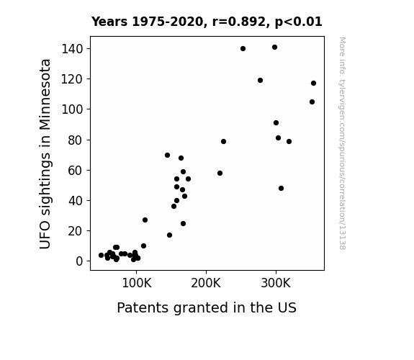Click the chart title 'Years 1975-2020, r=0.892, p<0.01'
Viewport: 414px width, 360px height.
[x=207, y=22]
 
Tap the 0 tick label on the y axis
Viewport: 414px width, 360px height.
[x=79, y=261]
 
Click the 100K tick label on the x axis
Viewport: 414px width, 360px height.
[x=137, y=283]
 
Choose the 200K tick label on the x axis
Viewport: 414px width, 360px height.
[x=206, y=283]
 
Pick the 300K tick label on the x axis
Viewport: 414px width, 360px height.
[x=276, y=283]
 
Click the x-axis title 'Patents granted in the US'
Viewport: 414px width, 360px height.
[x=207, y=307]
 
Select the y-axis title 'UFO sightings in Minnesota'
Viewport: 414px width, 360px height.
[x=45, y=153]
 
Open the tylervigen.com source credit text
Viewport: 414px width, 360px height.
[x=342, y=143]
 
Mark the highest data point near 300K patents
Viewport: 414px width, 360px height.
[x=274, y=48]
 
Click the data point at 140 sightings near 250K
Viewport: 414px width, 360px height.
[x=243, y=48]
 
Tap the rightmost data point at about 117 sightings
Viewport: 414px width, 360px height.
[x=313, y=84]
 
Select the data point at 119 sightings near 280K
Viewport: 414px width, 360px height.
[x=260, y=81]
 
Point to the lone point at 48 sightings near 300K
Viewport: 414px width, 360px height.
[x=281, y=189]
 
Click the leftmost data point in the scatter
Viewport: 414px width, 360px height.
[x=101, y=255]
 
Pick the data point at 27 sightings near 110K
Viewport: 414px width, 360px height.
[x=145, y=220]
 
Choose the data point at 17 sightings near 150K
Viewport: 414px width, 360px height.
[x=169, y=235]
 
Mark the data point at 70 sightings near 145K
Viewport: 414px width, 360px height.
[x=167, y=156]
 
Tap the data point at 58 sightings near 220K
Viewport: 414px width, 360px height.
[x=220, y=174]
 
